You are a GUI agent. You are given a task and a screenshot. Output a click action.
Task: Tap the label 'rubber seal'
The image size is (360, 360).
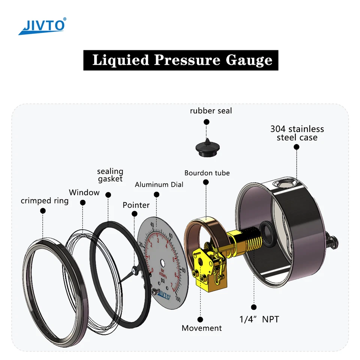[x=211, y=111]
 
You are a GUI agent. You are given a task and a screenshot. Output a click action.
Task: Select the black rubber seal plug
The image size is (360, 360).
[x=207, y=147]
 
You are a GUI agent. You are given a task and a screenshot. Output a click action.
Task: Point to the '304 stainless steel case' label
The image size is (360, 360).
[x=297, y=133]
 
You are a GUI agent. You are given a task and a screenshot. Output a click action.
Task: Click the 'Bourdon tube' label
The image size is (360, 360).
[x=207, y=173]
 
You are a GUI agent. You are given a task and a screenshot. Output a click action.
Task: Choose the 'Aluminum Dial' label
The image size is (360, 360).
[x=159, y=184]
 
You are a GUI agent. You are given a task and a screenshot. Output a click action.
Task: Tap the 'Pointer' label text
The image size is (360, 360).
[x=136, y=205]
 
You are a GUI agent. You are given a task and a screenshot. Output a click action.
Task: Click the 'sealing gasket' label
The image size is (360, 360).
[x=110, y=175]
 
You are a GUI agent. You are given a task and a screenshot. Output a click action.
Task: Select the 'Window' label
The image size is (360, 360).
[x=84, y=192]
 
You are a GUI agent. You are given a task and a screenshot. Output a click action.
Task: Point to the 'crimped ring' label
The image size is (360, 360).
[x=45, y=201]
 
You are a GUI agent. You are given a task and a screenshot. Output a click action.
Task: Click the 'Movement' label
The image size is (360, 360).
[x=202, y=328]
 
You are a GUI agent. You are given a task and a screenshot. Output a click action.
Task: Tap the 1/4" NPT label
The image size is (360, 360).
[x=259, y=319]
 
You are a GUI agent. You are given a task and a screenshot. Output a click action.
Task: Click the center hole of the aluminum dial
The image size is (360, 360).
[x=162, y=262]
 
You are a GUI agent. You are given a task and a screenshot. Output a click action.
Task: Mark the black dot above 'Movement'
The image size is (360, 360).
[x=200, y=319]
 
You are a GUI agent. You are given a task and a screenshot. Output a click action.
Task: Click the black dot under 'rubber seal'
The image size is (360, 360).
[x=206, y=122]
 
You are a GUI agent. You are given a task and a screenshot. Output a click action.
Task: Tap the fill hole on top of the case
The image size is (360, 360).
[x=285, y=184]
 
